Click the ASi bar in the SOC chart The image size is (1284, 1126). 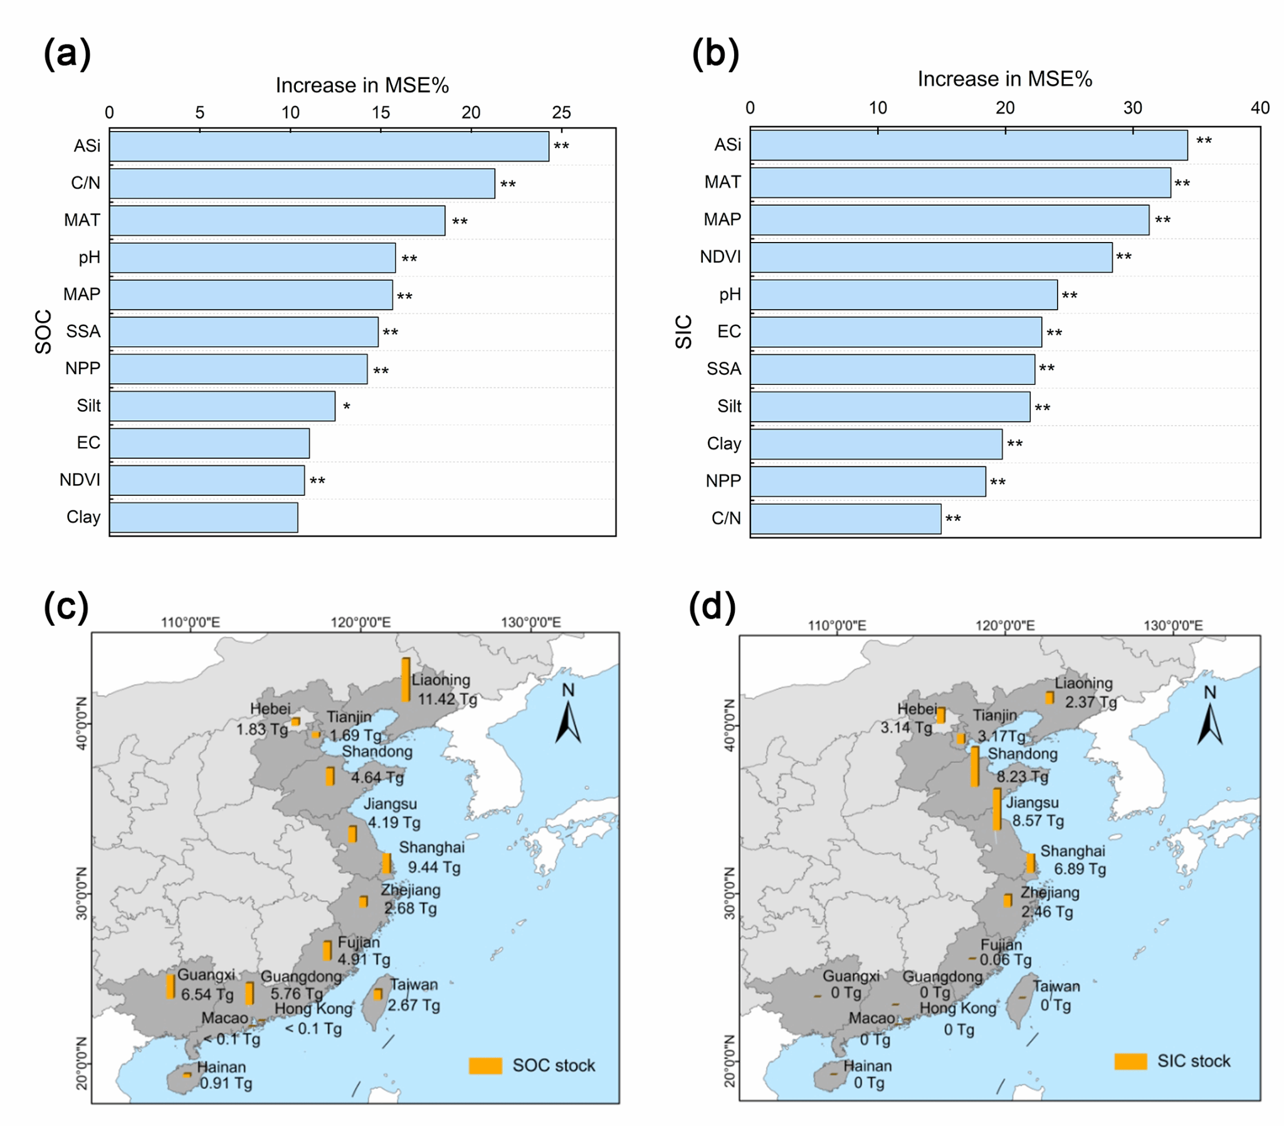[329, 147]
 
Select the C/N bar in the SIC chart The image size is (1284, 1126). [846, 519]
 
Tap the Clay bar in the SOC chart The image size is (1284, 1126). [204, 517]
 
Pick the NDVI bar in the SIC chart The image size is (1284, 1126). [931, 258]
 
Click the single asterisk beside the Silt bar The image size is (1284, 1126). [347, 407]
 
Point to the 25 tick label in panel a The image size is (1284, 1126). [561, 112]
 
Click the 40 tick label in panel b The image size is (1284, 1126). [1260, 108]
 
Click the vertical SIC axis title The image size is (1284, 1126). [683, 332]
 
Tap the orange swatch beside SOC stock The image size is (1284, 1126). [485, 1066]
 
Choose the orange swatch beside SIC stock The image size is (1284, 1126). [1130, 1061]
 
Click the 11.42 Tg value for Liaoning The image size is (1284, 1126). [447, 698]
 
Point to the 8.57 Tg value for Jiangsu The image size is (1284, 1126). [1038, 821]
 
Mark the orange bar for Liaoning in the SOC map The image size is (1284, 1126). [406, 679]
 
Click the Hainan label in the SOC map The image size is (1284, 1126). [221, 1067]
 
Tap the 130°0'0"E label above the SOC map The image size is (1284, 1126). [531, 623]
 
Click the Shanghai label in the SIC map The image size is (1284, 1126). [1072, 851]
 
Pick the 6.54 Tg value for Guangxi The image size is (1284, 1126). [208, 995]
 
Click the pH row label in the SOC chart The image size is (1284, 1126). [89, 258]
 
